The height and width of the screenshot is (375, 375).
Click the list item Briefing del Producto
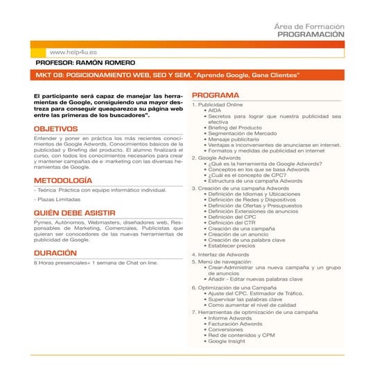(234, 128)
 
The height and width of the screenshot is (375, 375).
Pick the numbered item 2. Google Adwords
(220, 158)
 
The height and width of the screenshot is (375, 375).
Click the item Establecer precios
(232, 245)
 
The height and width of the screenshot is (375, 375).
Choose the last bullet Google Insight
(227, 341)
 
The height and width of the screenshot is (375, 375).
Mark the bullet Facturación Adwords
(235, 324)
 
